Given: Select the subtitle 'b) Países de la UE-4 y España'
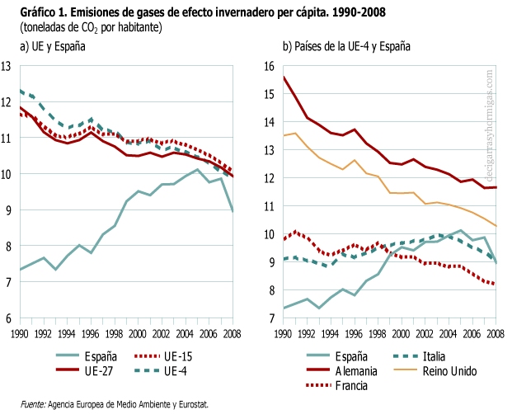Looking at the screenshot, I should click(345, 47).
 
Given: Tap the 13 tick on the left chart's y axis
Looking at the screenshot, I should click(7, 66).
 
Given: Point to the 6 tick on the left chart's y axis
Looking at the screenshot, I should click(7, 318).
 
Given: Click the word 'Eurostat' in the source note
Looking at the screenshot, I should click(190, 404).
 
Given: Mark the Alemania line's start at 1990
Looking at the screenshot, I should click(283, 77).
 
